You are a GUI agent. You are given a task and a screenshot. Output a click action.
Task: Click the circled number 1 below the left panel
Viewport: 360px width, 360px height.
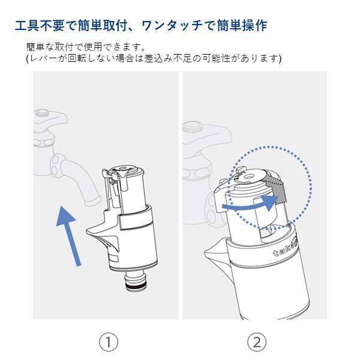click(x=108, y=342)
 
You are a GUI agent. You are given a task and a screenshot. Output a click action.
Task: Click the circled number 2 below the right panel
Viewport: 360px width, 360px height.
click(x=257, y=342)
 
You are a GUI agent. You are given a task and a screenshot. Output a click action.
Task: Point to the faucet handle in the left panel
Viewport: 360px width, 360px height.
click(x=41, y=112)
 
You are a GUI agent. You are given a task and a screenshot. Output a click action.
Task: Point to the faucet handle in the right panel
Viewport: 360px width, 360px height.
click(x=192, y=127)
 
